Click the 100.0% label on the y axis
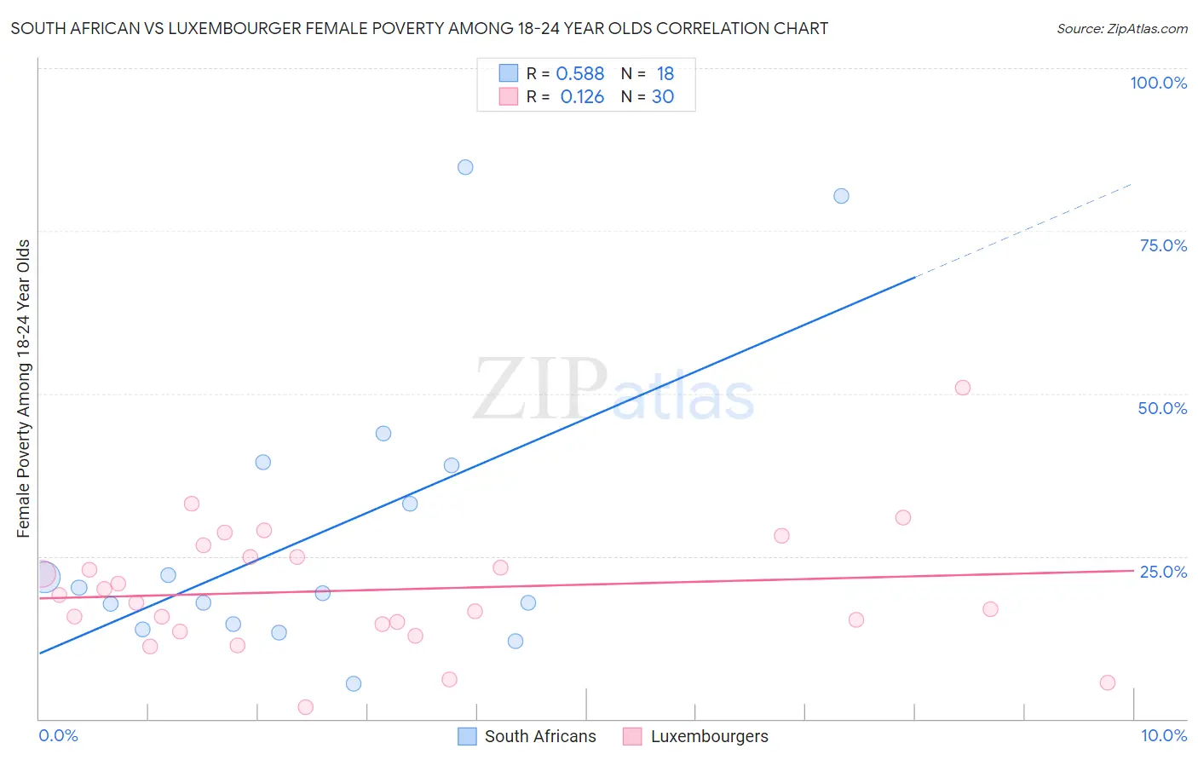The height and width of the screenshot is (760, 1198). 1158,83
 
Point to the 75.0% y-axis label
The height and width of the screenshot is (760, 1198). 1163,245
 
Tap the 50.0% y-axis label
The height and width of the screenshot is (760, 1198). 1162,408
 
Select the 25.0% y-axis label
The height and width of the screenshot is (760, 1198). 1163,571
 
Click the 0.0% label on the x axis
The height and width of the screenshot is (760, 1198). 58,735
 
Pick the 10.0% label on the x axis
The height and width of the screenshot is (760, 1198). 1163,735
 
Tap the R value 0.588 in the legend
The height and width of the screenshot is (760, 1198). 580,74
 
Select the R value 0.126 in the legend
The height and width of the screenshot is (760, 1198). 582,97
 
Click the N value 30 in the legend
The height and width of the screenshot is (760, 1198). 663,97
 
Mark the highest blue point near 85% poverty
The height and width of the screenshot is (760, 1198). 465,167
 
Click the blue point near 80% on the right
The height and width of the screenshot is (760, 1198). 841,196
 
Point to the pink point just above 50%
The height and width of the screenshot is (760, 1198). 963,388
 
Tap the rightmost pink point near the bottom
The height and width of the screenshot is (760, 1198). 1107,682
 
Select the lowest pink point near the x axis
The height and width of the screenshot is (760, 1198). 306,707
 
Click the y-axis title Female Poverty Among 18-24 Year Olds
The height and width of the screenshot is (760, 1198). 24,389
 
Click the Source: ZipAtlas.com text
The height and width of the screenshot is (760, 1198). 1121,29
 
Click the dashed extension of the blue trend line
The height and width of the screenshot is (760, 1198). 1022,231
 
